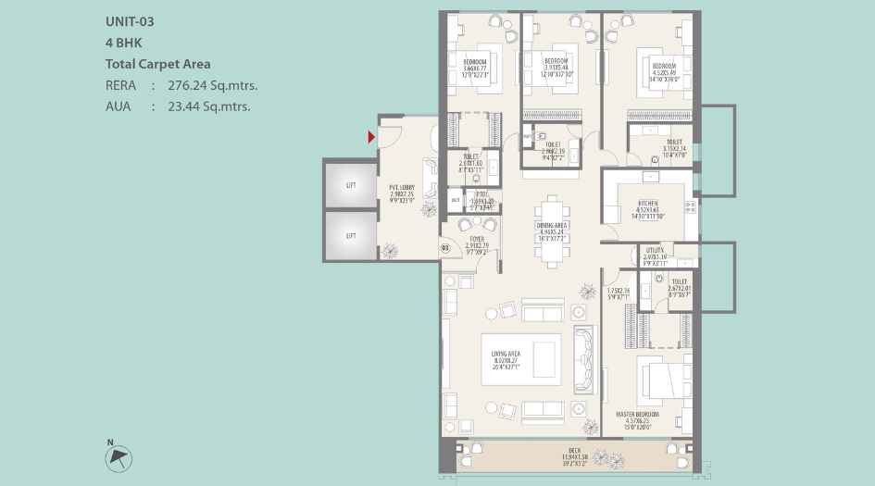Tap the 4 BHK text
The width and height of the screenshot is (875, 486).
[x=125, y=44]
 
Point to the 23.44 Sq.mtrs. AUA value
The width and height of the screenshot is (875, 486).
[x=209, y=106]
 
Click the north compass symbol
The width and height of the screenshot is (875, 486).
[x=120, y=456]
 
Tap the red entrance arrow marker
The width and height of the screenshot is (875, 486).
[x=371, y=137]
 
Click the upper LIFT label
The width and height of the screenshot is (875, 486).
[x=351, y=185]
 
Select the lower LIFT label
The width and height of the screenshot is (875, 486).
[x=351, y=236]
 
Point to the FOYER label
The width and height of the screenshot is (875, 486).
[x=476, y=238]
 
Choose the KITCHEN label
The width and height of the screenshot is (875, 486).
[x=648, y=202]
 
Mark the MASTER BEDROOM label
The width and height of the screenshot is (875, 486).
[x=638, y=414]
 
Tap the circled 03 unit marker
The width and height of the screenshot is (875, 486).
[x=445, y=247]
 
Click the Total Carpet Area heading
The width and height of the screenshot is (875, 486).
[x=158, y=64]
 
